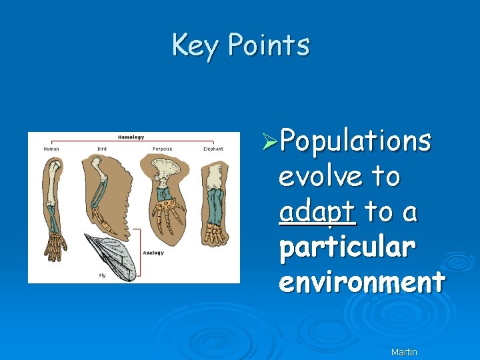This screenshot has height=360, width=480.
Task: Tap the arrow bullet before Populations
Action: click(270, 141)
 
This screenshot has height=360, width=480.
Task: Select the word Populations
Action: click(355, 141)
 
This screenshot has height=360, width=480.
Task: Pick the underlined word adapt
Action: click(317, 213)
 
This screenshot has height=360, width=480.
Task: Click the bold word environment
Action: click(361, 282)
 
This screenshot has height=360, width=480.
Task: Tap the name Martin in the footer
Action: click(404, 351)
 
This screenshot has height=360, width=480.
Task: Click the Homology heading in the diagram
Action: click(131, 137)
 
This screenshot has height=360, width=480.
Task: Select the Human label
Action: click(51, 149)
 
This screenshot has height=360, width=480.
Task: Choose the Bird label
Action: click(102, 149)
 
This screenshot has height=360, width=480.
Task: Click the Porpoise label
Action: click(163, 149)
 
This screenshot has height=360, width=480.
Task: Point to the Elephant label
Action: click(213, 149)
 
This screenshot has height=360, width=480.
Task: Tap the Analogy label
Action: click(153, 253)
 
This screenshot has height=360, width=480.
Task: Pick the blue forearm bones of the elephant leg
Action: click(214, 206)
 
